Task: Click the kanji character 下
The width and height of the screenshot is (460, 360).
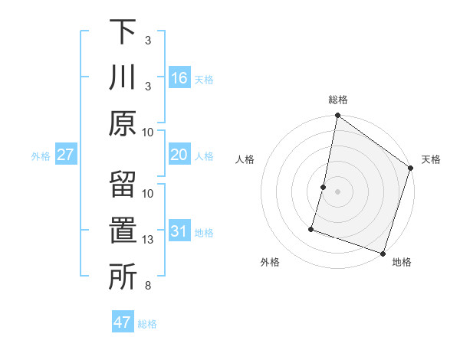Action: (x=123, y=32)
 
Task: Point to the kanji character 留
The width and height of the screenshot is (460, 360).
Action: (x=123, y=186)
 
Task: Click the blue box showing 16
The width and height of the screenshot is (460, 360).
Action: (x=179, y=78)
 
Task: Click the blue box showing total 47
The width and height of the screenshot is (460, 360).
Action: (x=123, y=322)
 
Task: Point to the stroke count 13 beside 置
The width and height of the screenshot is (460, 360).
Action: (x=149, y=241)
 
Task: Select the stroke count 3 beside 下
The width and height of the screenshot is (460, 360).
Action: (x=149, y=40)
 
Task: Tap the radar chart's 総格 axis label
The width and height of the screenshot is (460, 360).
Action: (x=338, y=100)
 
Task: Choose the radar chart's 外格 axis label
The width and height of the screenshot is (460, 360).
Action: (x=270, y=263)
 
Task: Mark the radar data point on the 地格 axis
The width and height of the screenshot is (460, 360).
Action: (x=383, y=253)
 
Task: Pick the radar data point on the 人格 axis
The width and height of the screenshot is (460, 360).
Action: (x=324, y=187)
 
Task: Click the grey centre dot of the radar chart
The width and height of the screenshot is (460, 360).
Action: (x=338, y=191)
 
